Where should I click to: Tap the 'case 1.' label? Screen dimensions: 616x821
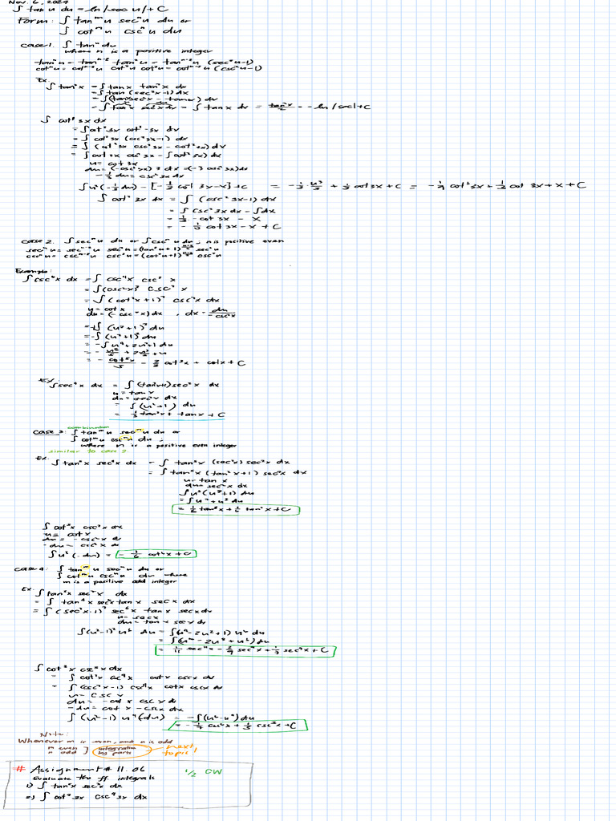pyautogui.click(x=35, y=45)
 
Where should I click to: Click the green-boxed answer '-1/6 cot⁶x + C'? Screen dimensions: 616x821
pyautogui.click(x=156, y=553)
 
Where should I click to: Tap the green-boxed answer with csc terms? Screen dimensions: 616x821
pyautogui.click(x=241, y=725)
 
